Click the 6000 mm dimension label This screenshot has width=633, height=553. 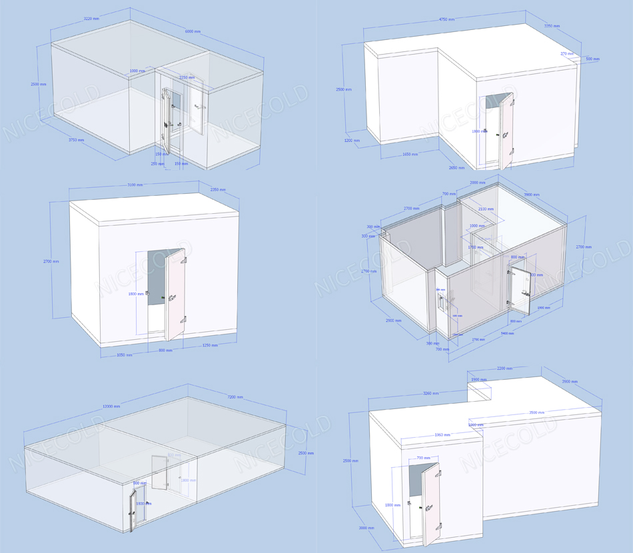click(195, 32)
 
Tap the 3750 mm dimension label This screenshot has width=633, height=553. click(76, 140)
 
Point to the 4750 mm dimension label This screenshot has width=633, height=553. click(447, 20)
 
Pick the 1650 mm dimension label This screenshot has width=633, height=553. click(410, 155)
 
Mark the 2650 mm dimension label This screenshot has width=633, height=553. click(456, 168)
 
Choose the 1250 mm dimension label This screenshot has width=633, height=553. click(209, 345)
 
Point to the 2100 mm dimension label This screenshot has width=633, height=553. click(485, 209)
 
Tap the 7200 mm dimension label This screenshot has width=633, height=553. click(236, 397)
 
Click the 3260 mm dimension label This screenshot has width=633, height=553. click(430, 393)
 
